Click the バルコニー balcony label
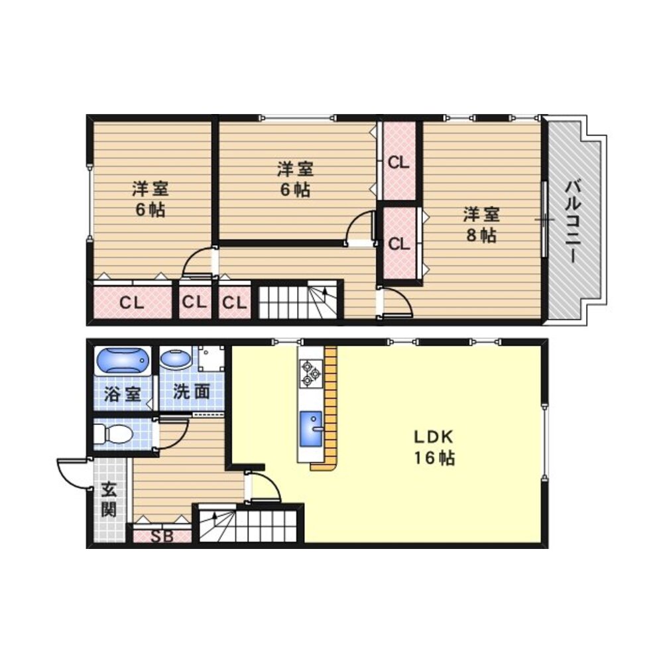pyautogui.click(x=573, y=221)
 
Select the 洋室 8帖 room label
pyautogui.click(x=481, y=225)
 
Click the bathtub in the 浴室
pyautogui.click(x=123, y=360)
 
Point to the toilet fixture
pyautogui.click(x=113, y=433)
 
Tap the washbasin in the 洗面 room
pyautogui.click(x=176, y=359)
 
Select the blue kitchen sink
pyautogui.click(x=311, y=429)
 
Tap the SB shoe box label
pyautogui.click(x=162, y=536)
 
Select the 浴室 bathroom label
pyautogui.click(x=122, y=394)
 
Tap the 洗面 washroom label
pyautogui.click(x=191, y=392)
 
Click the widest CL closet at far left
pyautogui.click(x=132, y=302)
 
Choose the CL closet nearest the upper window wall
pyautogui.click(x=398, y=161)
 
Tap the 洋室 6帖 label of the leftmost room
pyautogui.click(x=151, y=199)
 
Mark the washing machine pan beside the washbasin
pyautogui.click(x=211, y=359)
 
